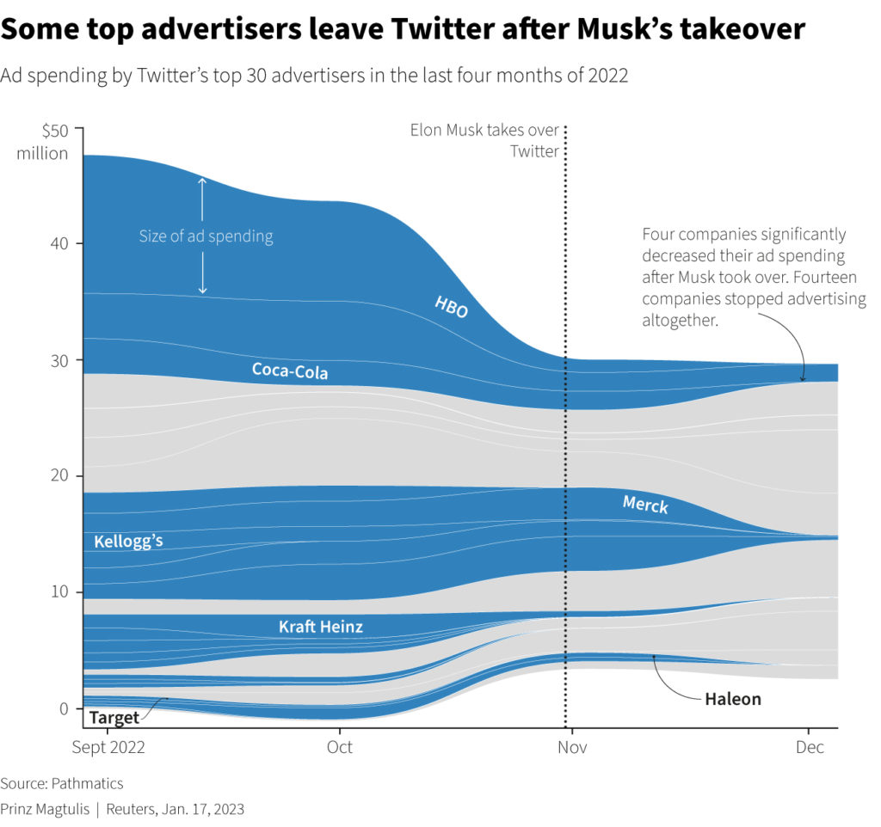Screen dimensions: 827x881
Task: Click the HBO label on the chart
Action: pyautogui.click(x=452, y=306)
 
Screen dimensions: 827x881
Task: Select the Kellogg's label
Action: pyautogui.click(x=128, y=542)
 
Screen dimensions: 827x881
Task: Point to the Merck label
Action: pyautogui.click(x=645, y=505)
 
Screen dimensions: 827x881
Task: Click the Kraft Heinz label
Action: pyautogui.click(x=321, y=627)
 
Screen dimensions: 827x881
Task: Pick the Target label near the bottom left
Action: pyautogui.click(x=114, y=718)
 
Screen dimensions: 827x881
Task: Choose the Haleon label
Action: pyautogui.click(x=733, y=699)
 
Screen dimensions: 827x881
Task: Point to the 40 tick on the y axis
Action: pyautogui.click(x=59, y=244)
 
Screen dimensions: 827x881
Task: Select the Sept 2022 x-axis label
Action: pyautogui.click(x=108, y=747)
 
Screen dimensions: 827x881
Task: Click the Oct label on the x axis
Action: pyautogui.click(x=340, y=747)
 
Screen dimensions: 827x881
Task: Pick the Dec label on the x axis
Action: pyautogui.click(x=810, y=747)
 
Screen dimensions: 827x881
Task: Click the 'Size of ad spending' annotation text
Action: pyautogui.click(x=206, y=236)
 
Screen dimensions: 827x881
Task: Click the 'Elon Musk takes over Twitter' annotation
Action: pyautogui.click(x=485, y=140)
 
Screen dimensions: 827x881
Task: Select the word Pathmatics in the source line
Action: pyautogui.click(x=88, y=783)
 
